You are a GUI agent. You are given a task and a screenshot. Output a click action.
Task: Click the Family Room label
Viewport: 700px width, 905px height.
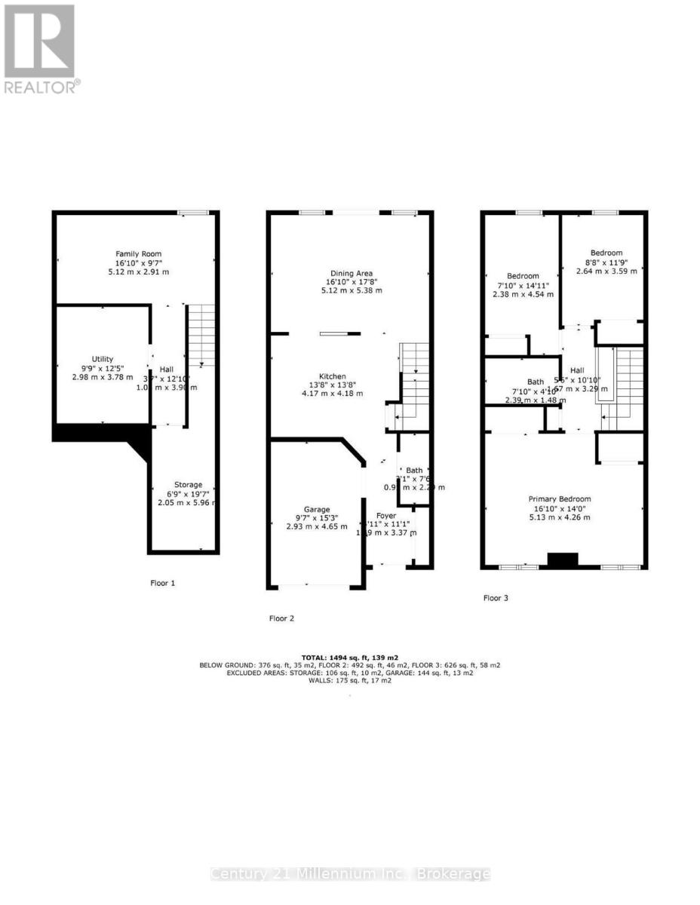tap(138, 253)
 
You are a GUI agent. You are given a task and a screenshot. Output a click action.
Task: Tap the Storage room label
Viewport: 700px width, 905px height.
tap(188, 484)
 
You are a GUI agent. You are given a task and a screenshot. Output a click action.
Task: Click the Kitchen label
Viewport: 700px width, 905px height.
tap(333, 376)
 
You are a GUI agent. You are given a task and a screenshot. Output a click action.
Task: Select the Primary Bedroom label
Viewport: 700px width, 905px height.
tap(559, 499)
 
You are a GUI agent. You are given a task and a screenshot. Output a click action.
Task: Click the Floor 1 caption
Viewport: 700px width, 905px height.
tap(164, 583)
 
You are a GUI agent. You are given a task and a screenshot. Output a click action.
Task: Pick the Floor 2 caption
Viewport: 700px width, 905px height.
tap(281, 618)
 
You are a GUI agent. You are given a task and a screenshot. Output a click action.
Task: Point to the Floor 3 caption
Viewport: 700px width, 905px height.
tap(496, 598)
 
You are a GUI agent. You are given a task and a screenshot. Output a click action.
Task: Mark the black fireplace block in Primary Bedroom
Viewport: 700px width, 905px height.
tap(561, 560)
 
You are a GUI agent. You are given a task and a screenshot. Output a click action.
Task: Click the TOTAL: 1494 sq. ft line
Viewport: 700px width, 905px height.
tap(349, 657)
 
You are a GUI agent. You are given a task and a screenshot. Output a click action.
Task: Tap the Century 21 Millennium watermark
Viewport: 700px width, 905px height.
tap(349, 874)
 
